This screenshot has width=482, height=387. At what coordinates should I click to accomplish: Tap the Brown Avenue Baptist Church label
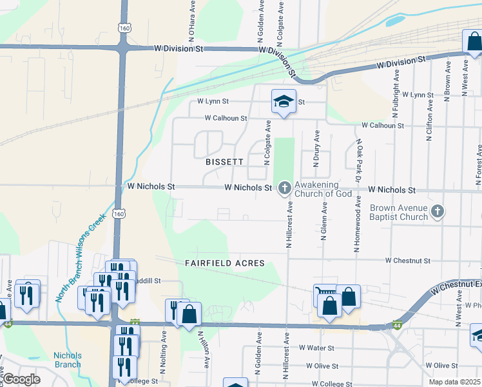[x=399, y=212]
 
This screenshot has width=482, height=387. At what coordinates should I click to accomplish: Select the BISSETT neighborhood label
[x=224, y=163]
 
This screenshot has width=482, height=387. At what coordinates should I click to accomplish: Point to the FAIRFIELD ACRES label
[x=224, y=263]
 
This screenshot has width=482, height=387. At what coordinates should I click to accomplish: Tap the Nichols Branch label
[x=67, y=359]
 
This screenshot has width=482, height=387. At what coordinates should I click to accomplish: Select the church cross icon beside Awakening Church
[x=284, y=189]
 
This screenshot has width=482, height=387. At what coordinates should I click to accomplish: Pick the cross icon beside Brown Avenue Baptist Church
[x=438, y=211]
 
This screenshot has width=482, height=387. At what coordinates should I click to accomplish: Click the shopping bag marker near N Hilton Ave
[x=189, y=315]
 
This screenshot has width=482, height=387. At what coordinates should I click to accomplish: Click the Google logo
[x=22, y=379]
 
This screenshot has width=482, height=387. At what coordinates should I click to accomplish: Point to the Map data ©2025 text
[x=454, y=382]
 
